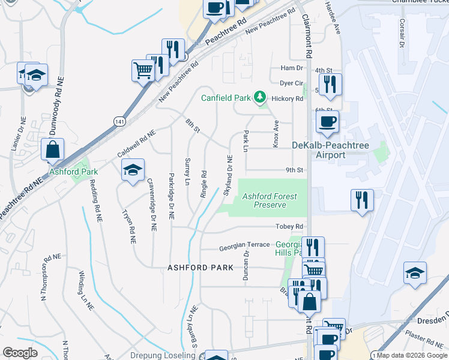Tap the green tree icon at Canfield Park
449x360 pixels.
coord(259,97)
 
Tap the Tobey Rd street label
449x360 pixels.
coord(290,227)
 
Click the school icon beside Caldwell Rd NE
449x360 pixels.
coord(133,170)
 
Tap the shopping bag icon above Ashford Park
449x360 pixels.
coord(53,149)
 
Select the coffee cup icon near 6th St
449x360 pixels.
coord(327,122)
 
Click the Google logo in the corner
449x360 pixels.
coord(20,353)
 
